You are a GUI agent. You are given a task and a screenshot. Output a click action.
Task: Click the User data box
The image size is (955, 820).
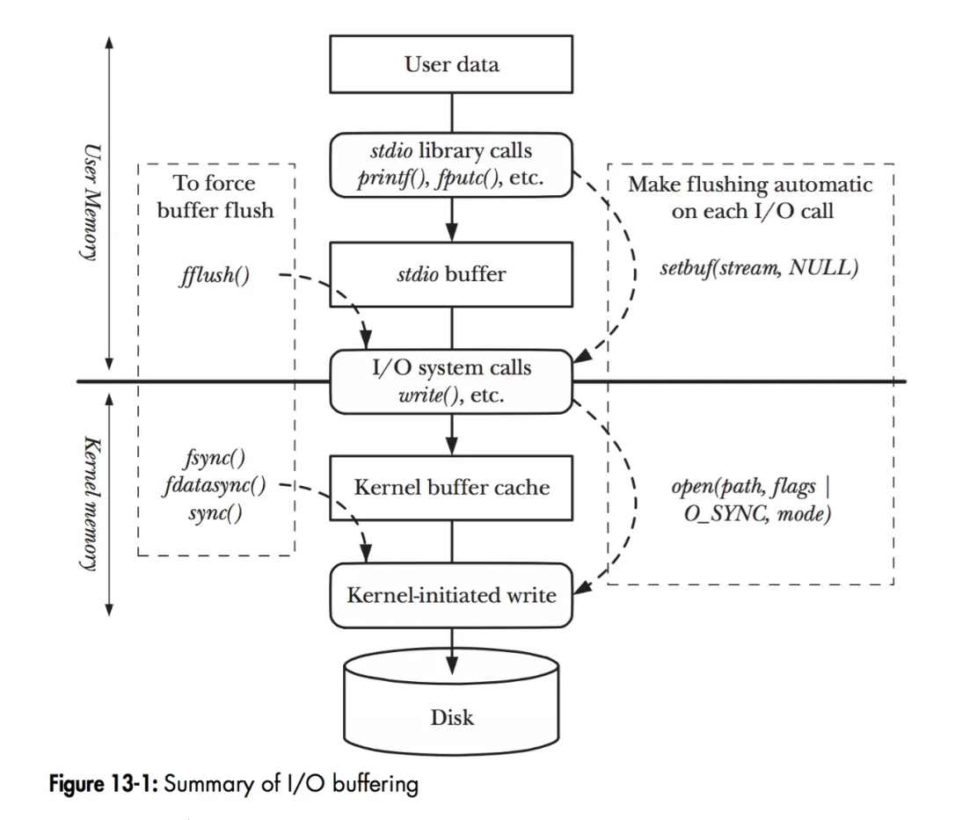pos(452,64)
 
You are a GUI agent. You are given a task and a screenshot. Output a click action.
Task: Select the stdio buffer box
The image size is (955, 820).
pos(452,274)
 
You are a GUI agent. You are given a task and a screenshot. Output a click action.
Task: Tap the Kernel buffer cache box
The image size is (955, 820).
pos(452,486)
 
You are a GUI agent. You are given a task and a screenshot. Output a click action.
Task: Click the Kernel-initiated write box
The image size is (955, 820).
pos(452,595)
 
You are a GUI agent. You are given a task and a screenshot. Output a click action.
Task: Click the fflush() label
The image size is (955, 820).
pos(214,276)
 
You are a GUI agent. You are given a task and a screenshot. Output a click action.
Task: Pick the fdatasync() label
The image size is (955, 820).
pos(215,484)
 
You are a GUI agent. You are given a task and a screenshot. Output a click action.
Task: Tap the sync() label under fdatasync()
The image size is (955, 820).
pos(215,513)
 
